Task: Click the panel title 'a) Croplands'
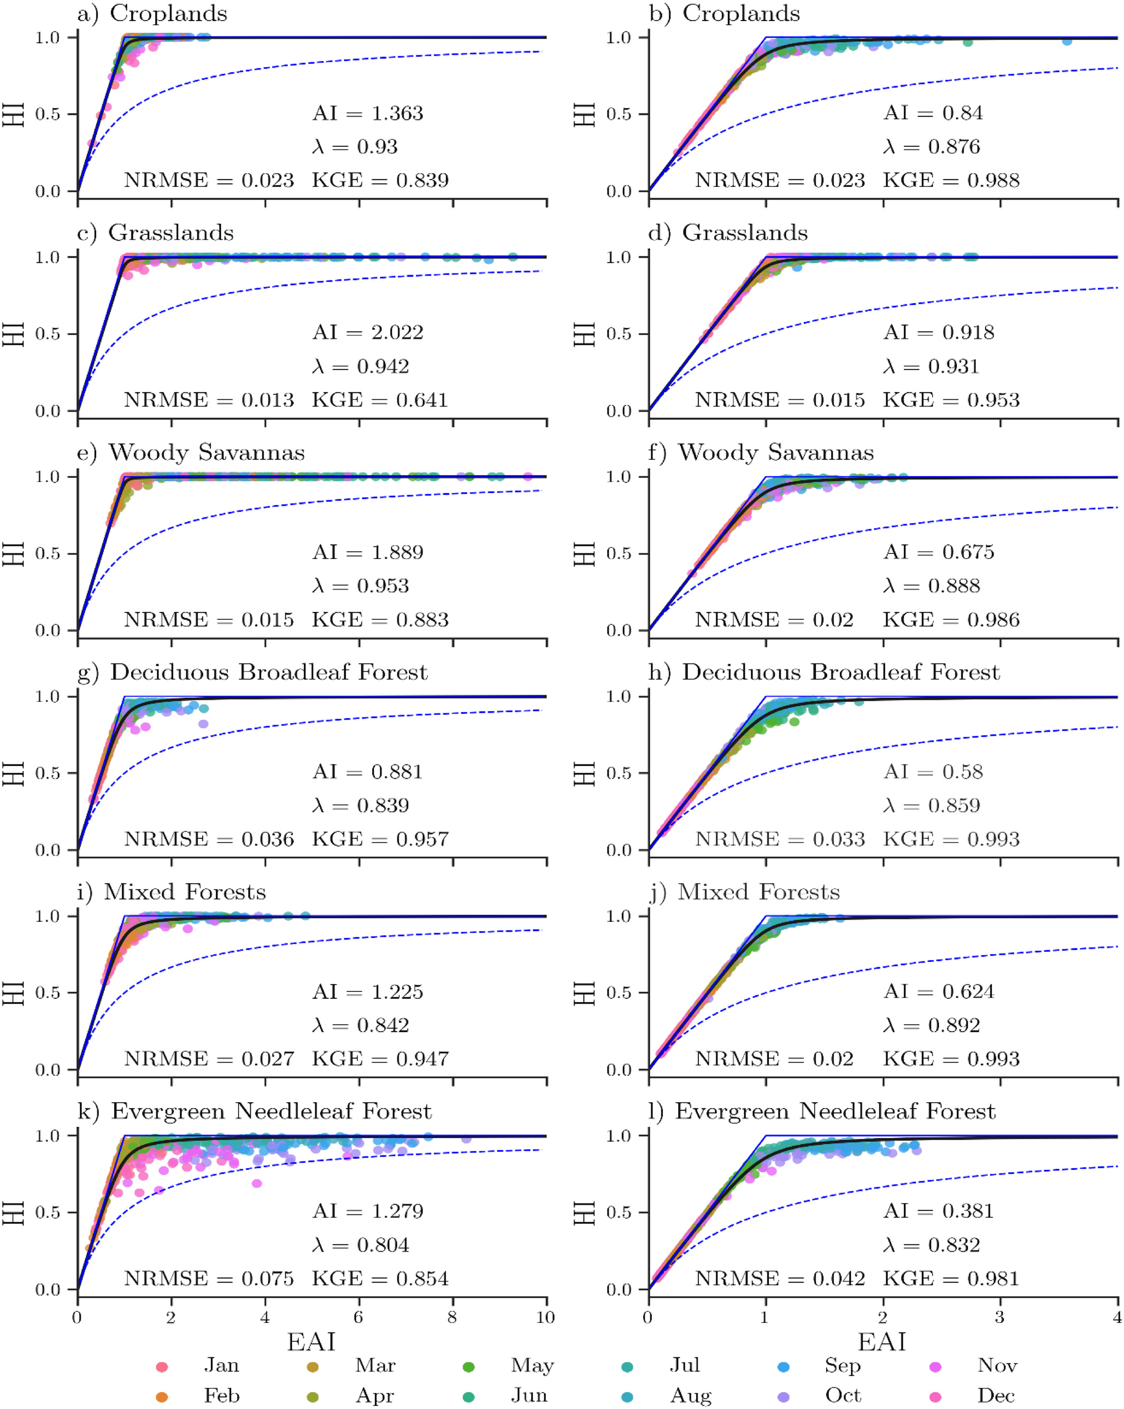pos(152,14)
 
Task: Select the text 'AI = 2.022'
pos(368,333)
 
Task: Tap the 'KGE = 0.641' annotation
pos(380,400)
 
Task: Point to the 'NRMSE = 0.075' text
pos(209,1279)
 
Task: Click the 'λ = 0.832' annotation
pos(932,1245)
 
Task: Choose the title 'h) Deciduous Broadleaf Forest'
pos(824,673)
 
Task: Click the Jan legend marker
pos(162,1367)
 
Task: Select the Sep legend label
pos(842,1366)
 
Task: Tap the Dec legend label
pos(996,1396)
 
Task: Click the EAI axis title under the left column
pos(311,1342)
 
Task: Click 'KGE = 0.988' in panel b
pos(951,181)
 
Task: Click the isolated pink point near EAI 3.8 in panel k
pos(257,1184)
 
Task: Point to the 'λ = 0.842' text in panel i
pos(360,1025)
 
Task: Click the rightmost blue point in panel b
pos(1067,41)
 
